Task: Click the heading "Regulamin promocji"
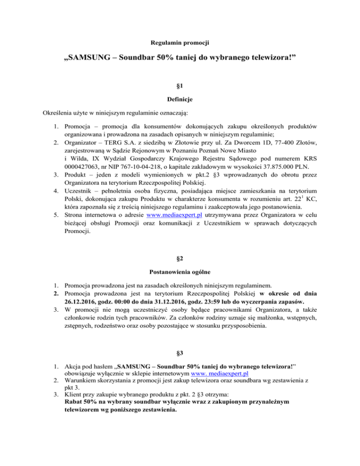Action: tap(180, 43)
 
